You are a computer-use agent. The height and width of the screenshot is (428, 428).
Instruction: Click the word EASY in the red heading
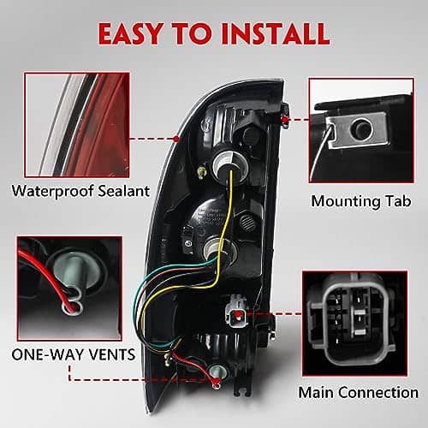pyautogui.click(x=131, y=33)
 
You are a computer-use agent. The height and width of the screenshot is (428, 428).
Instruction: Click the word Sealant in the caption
pyautogui.click(x=123, y=191)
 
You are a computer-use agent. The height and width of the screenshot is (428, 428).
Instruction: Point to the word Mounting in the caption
pyautogui.click(x=346, y=202)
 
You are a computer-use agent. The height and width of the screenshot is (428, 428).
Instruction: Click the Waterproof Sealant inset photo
pyautogui.click(x=77, y=125)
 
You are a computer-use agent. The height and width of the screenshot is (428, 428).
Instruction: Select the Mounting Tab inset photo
pyautogui.click(x=361, y=130)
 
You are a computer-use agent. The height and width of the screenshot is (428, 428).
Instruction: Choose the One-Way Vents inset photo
pyautogui.click(x=69, y=288)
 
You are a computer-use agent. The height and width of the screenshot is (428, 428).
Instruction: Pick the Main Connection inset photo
pyautogui.click(x=354, y=324)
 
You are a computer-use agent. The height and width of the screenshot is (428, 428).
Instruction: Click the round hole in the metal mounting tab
pyautogui.click(x=362, y=128)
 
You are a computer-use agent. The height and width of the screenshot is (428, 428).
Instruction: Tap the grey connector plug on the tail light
pyautogui.click(x=236, y=313)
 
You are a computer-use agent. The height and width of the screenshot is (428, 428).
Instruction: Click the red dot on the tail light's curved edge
pyautogui.click(x=176, y=139)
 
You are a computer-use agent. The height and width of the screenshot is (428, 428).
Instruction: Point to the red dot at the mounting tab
pyautogui.click(x=284, y=120)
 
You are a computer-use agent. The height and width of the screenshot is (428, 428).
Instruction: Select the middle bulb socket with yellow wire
pyautogui.click(x=219, y=252)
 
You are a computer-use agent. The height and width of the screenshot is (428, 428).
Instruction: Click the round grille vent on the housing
pyautogui.click(x=247, y=220)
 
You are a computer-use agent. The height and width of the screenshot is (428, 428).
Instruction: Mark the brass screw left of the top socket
pyautogui.click(x=201, y=172)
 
